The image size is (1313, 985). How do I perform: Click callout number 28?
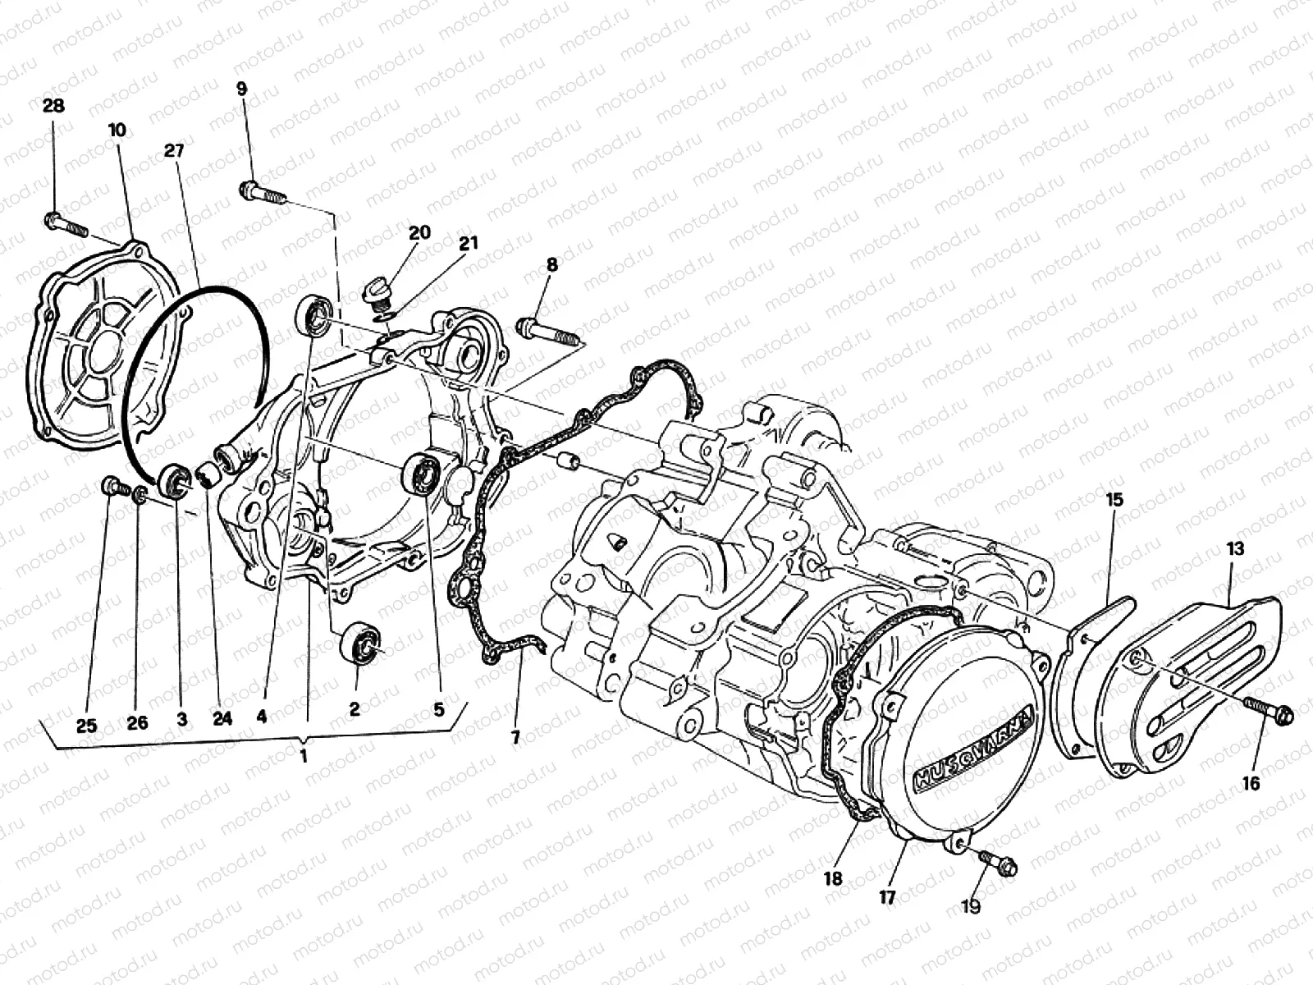pos(54,106)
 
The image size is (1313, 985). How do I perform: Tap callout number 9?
pos(241,89)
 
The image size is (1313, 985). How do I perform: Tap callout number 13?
pos(1236,549)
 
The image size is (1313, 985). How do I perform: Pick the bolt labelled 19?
pos(997,862)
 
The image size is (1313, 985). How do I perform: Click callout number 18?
pos(833,878)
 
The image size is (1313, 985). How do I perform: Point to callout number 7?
pos(515,738)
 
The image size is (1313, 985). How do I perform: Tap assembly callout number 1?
pos(304,757)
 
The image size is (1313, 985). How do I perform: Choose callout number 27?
pos(174,150)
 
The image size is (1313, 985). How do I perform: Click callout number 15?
pos(1114,499)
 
